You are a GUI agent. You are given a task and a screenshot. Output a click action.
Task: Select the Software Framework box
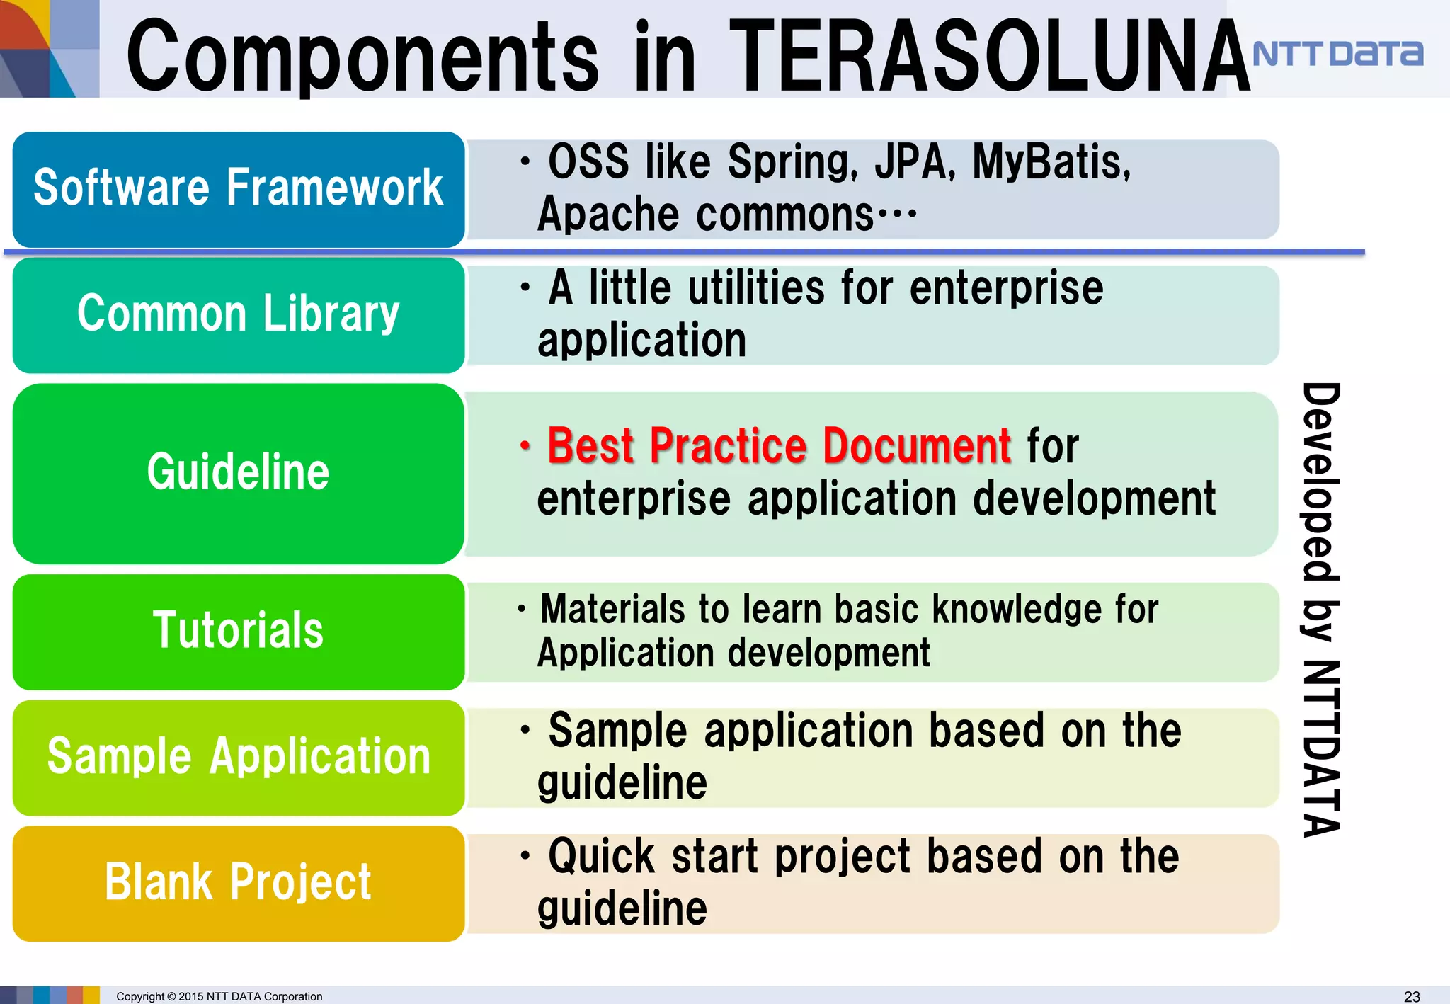pos(239,189)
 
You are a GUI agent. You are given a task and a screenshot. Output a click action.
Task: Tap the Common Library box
pos(239,314)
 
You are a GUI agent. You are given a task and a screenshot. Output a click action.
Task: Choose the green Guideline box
pos(239,473)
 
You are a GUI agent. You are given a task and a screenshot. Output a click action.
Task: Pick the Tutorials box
pos(239,631)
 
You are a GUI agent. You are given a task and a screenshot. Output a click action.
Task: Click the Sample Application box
pos(239,757)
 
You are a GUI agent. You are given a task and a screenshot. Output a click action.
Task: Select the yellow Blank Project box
pos(239,883)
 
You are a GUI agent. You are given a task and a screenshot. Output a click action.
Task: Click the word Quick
pos(602,857)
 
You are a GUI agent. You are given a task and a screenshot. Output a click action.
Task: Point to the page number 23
pos(1411,996)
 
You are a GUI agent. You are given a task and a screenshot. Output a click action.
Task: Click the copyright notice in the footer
pos(219,996)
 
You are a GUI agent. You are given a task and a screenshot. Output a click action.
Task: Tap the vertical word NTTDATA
pos(1321,749)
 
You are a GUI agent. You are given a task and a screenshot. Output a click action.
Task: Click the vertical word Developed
pos(1321,481)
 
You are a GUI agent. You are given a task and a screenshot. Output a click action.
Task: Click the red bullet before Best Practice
pos(525,446)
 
